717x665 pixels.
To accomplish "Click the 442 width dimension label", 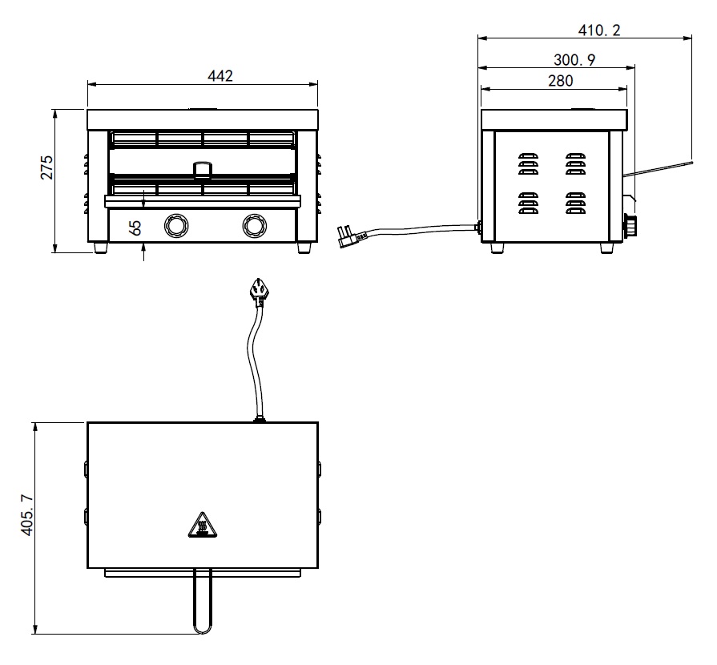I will [x=220, y=76].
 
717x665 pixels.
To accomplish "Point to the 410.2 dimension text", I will [x=599, y=30].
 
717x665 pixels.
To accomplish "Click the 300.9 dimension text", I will [x=574, y=59].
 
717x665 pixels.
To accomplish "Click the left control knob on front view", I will [x=174, y=226].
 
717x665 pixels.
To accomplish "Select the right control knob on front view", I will [x=254, y=226].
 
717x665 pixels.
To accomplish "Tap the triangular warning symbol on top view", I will [x=201, y=526].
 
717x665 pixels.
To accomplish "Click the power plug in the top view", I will [x=258, y=290].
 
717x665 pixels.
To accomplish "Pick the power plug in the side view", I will [x=352, y=236].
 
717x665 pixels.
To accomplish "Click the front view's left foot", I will [x=101, y=248].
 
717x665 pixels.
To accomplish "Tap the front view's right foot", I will [x=304, y=248].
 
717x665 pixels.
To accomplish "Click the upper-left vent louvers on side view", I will [x=526, y=163].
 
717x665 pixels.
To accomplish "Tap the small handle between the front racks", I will [x=203, y=168].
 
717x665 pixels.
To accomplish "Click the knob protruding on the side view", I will [x=630, y=228].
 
